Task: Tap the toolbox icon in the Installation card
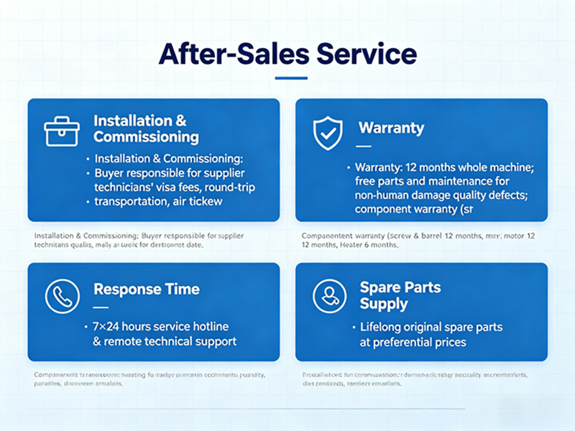62,132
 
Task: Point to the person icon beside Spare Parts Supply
328,295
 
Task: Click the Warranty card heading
391,129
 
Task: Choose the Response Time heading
147,289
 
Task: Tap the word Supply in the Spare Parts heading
384,304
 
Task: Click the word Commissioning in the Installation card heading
146,136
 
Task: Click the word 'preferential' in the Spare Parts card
404,342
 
